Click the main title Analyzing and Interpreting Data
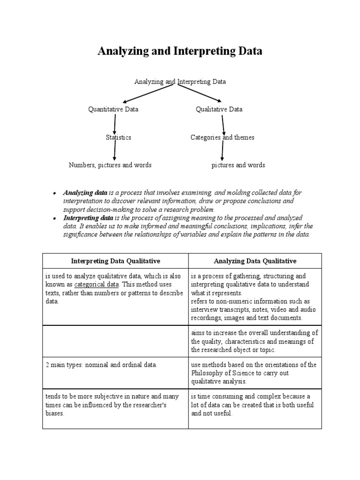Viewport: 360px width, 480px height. click(180, 52)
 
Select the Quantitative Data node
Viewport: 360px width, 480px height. click(113, 109)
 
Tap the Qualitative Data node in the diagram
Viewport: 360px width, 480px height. click(219, 109)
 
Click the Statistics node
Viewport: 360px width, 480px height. click(118, 137)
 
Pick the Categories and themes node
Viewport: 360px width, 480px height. click(222, 137)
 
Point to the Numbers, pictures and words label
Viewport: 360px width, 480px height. click(110, 165)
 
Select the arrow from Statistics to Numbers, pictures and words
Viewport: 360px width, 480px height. click(114, 151)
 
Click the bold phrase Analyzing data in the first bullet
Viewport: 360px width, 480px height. click(85, 193)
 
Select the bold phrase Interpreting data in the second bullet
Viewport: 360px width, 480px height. click(88, 218)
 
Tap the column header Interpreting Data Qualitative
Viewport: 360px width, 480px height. click(115, 261)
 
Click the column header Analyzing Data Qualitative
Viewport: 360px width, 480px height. click(255, 261)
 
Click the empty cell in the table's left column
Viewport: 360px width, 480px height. click(115, 341)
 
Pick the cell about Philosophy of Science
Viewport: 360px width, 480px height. click(255, 373)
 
